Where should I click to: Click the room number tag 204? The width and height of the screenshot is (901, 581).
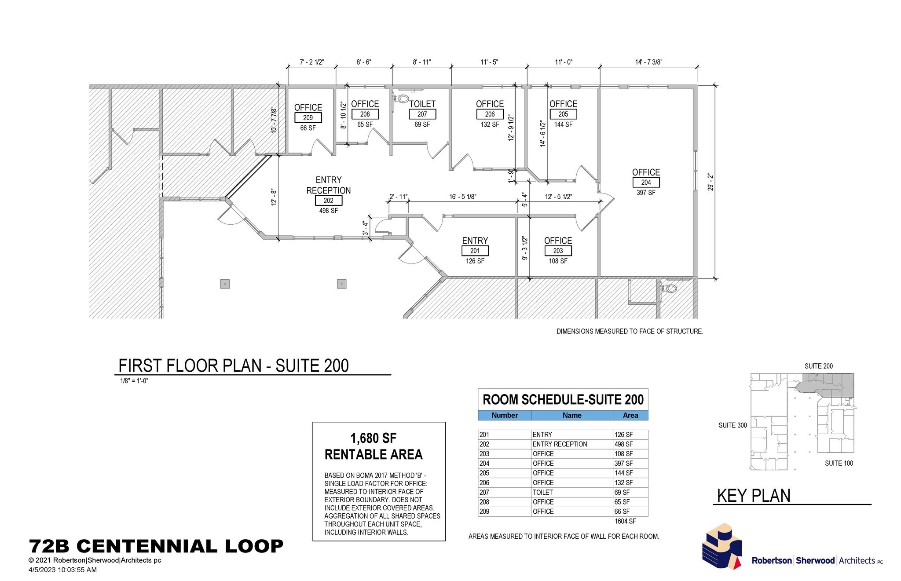point(646,183)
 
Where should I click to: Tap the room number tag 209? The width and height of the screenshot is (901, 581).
point(308,118)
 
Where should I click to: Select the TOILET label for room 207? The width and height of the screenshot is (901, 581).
point(422,104)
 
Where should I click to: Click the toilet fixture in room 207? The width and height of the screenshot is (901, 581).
point(401,98)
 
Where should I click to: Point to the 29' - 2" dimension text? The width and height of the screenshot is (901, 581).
point(711,182)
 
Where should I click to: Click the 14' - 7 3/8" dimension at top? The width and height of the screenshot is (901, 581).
point(648,62)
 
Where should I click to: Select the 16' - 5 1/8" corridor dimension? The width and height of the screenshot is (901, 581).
point(462,197)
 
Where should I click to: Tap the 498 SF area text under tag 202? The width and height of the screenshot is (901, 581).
point(329,211)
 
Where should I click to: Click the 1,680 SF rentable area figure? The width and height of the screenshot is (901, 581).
point(373,438)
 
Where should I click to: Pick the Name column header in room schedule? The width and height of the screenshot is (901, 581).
point(571,415)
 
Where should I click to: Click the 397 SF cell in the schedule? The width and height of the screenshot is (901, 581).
point(623,463)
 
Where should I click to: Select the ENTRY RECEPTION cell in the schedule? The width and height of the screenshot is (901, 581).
point(560,444)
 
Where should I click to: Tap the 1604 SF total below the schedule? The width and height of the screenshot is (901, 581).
point(625,521)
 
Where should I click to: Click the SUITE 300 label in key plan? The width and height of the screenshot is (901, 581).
point(733,425)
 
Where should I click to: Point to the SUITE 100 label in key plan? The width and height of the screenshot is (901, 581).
point(839,463)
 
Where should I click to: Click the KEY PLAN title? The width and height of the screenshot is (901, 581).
point(754,496)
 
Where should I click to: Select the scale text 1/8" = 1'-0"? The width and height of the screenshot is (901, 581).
point(134,381)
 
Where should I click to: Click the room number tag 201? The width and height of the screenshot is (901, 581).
point(475,251)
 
